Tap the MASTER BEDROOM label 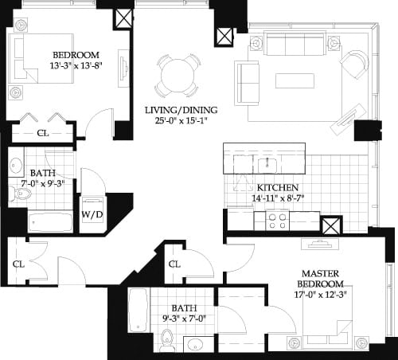pos(322,279)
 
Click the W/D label pos(93,214)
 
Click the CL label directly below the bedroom pos(42,133)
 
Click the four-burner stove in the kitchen pos(277,220)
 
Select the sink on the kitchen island pos(266,164)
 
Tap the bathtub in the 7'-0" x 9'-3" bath pos(49,221)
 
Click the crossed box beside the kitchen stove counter pos(331,225)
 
